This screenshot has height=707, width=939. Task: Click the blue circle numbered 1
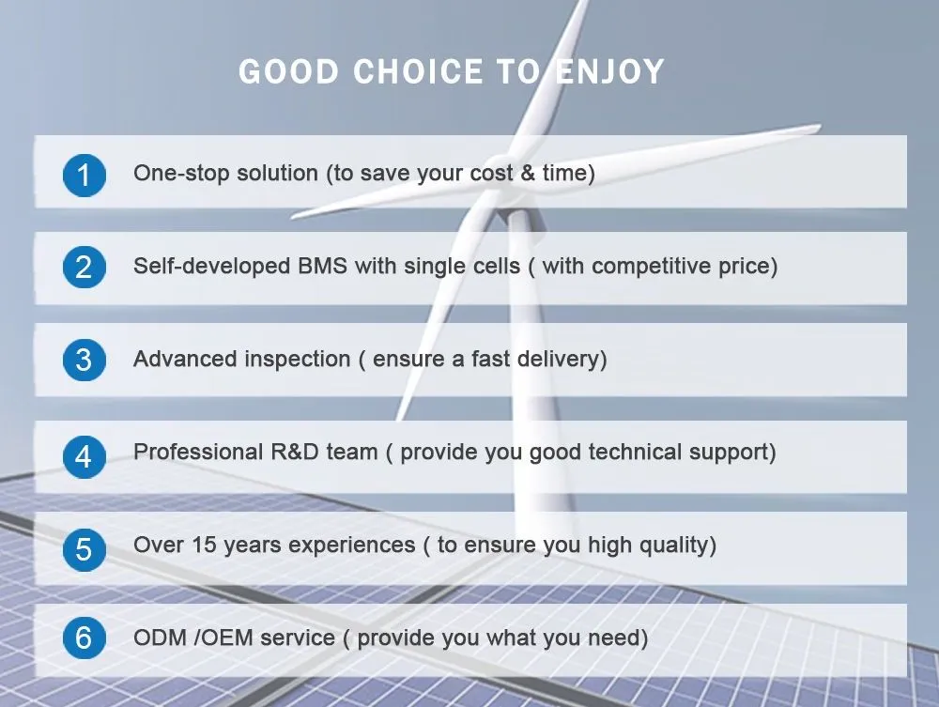[85, 176]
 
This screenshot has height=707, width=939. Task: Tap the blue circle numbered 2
[85, 268]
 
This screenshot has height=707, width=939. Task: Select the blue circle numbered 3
[85, 361]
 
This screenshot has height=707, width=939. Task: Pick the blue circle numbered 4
[85, 456]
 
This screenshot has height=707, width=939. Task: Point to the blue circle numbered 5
[85, 547]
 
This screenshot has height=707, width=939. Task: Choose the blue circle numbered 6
[85, 638]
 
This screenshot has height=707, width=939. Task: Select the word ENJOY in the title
[609, 72]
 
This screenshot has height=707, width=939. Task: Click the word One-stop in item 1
[173, 174]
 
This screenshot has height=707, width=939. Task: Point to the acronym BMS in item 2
[323, 266]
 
